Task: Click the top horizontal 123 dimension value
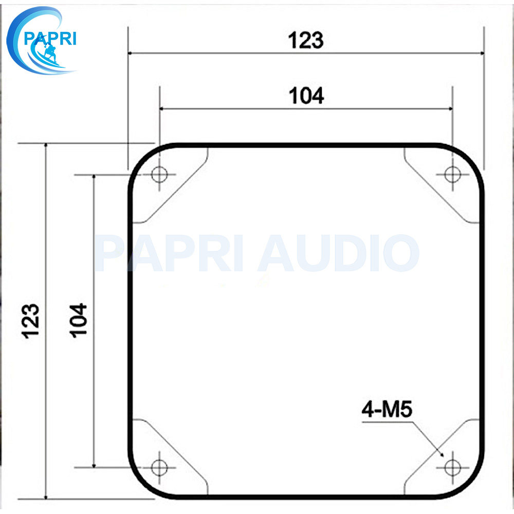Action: (x=306, y=40)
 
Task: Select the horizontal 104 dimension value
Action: (x=306, y=96)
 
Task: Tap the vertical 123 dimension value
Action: (x=30, y=321)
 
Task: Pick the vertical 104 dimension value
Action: (x=78, y=320)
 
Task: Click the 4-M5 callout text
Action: (x=387, y=410)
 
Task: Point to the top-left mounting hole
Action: (x=160, y=174)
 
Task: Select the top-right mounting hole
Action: (x=452, y=174)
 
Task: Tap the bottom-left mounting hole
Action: (x=160, y=467)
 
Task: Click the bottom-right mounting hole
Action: (x=452, y=467)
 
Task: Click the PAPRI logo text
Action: (x=50, y=39)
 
